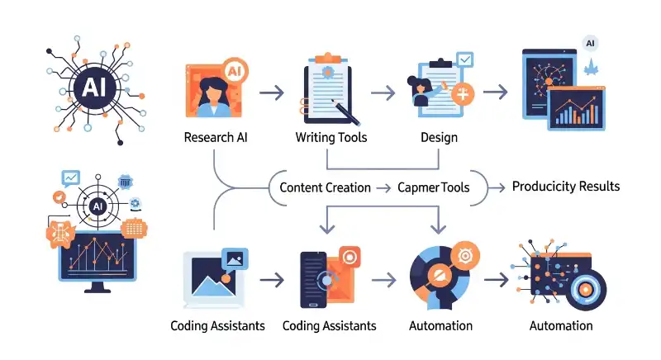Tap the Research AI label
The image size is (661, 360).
pyautogui.click(x=216, y=137)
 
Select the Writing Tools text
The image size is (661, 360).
pyautogui.click(x=331, y=137)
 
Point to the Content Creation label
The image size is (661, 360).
pyautogui.click(x=325, y=187)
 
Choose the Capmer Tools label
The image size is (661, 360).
pyautogui.click(x=434, y=187)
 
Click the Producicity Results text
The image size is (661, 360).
pyautogui.click(x=565, y=186)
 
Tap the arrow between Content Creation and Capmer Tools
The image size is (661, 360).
pyautogui.click(x=384, y=187)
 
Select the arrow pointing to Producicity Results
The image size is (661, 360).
pyautogui.click(x=495, y=187)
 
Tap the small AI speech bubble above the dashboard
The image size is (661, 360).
pyautogui.click(x=591, y=43)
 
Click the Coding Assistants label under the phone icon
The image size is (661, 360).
pyautogui.click(x=329, y=325)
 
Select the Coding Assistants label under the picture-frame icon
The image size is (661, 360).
pyautogui.click(x=217, y=325)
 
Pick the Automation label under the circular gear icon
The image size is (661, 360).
pyautogui.click(x=440, y=325)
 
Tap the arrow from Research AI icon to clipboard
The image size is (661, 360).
pyautogui.click(x=271, y=92)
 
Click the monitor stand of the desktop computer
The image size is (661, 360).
pyautogui.click(x=97, y=286)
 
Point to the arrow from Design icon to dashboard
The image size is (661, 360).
pyautogui.click(x=495, y=92)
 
